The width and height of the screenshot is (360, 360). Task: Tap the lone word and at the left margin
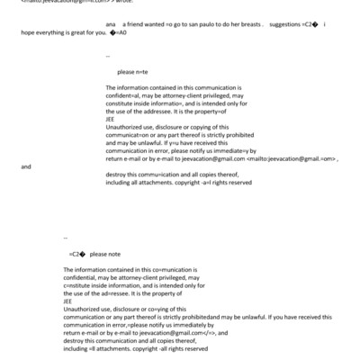pos(25,166)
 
